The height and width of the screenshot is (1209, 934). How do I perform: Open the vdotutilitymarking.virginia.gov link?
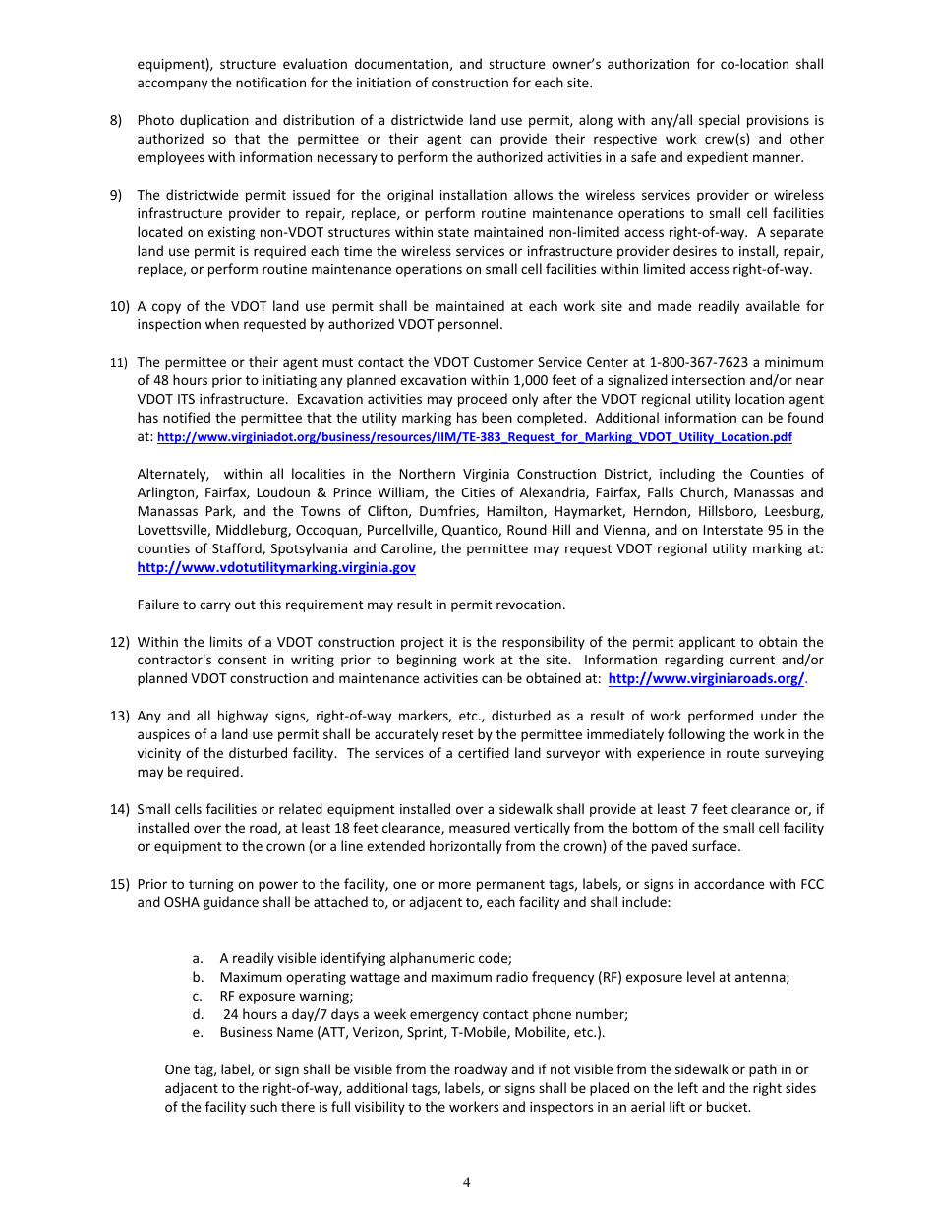pyautogui.click(x=275, y=568)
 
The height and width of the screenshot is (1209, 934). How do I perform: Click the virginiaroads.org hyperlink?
pyautogui.click(x=706, y=679)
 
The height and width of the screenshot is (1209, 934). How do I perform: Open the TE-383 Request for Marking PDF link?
pyautogui.click(x=475, y=437)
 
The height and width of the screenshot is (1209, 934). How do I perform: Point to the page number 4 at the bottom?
pyautogui.click(x=467, y=1182)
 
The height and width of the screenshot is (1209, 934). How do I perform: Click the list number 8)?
pyautogui.click(x=116, y=121)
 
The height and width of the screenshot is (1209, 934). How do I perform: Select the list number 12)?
pyautogui.click(x=119, y=642)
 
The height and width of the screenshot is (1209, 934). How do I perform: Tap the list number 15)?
pyautogui.click(x=119, y=884)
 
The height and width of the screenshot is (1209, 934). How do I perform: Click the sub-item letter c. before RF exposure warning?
pyautogui.click(x=198, y=996)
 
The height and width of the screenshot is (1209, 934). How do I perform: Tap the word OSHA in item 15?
pyautogui.click(x=157, y=902)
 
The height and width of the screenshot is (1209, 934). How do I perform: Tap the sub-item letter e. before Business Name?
pyautogui.click(x=198, y=1033)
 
